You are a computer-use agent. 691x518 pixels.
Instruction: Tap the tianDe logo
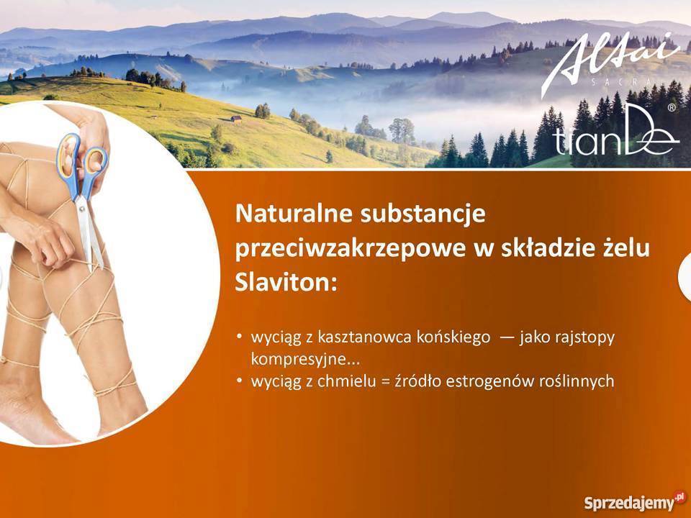pos(615,141)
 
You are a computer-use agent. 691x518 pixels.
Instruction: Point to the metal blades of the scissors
pos(89,230)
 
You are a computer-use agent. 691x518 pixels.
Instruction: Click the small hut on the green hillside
pos(236,119)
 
